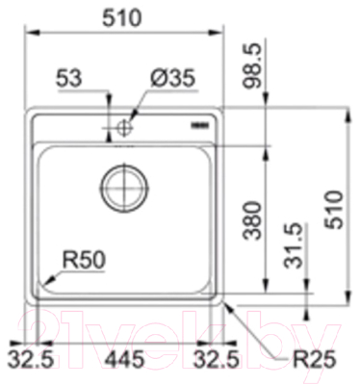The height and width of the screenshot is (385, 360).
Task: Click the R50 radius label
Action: tap(84, 259)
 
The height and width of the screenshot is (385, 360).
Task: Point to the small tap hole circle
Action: tap(125, 128)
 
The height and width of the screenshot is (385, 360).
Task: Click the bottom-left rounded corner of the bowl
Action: tap(44, 285)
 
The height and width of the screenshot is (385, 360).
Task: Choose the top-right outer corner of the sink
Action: tap(223, 108)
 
